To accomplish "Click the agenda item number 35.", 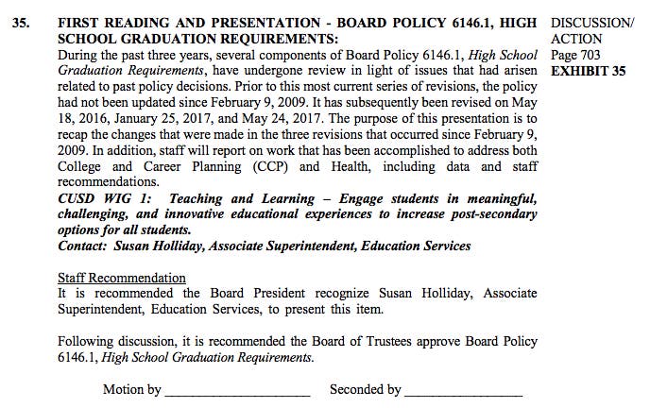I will tap(20, 22).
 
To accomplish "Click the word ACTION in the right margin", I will tap(575, 39).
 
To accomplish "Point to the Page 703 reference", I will tap(574, 55).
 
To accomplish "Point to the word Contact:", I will tap(82, 246).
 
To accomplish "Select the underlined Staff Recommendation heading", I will tap(122, 278).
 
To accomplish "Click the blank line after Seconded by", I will tap(463, 390).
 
